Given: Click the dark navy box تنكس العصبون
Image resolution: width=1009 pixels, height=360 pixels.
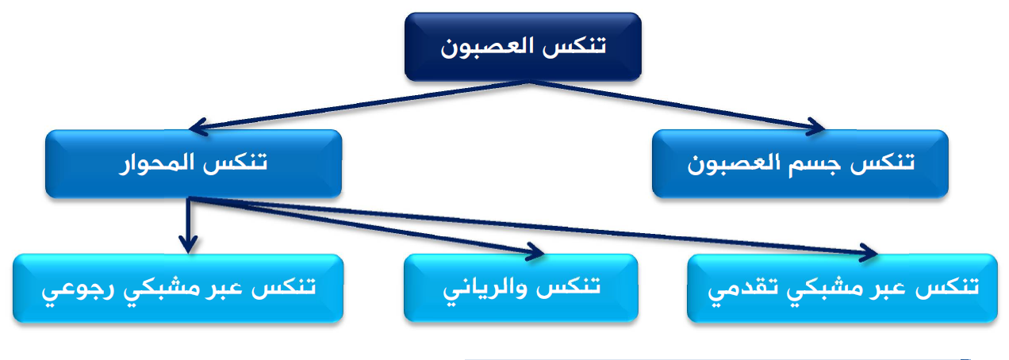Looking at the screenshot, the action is click(x=523, y=47).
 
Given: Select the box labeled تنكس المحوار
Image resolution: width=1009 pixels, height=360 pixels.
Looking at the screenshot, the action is click(x=194, y=163).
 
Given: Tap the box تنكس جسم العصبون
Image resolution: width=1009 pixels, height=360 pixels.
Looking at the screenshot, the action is click(x=800, y=163).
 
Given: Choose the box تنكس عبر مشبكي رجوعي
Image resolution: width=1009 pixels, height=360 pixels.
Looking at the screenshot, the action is click(x=178, y=289).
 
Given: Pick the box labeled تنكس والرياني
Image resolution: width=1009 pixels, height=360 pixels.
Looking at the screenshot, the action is click(x=521, y=289).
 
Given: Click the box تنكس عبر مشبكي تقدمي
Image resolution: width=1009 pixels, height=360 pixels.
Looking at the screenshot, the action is click(x=842, y=289).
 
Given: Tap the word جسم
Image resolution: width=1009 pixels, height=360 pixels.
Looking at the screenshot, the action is click(x=814, y=165).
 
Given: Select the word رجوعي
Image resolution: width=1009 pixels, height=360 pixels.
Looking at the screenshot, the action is click(x=73, y=290).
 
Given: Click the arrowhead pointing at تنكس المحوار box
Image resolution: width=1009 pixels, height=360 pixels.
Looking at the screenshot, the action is click(x=198, y=127).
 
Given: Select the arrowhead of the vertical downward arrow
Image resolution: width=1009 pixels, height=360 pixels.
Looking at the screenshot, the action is click(x=188, y=244).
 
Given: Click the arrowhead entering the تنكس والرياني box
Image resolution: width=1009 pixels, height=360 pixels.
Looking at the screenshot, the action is click(x=536, y=251).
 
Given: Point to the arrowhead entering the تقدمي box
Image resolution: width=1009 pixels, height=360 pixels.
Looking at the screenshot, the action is click(x=869, y=252).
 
